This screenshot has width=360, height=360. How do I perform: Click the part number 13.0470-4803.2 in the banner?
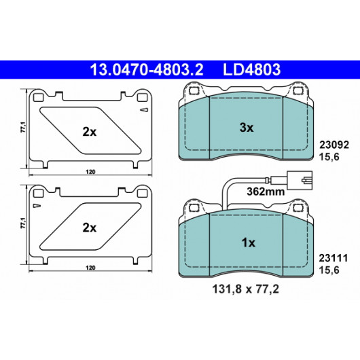(x=147, y=69)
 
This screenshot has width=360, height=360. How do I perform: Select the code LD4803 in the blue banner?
(x=252, y=69)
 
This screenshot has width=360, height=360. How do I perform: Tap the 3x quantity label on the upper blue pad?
(x=247, y=128)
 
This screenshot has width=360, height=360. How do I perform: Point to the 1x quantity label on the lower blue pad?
(x=248, y=242)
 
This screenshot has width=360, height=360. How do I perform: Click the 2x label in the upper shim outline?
(x=90, y=132)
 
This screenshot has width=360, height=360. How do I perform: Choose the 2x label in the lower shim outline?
(x=90, y=228)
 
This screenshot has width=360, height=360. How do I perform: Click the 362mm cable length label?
(x=266, y=192)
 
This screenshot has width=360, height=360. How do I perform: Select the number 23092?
(x=334, y=145)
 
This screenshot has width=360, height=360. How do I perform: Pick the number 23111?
(x=334, y=258)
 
